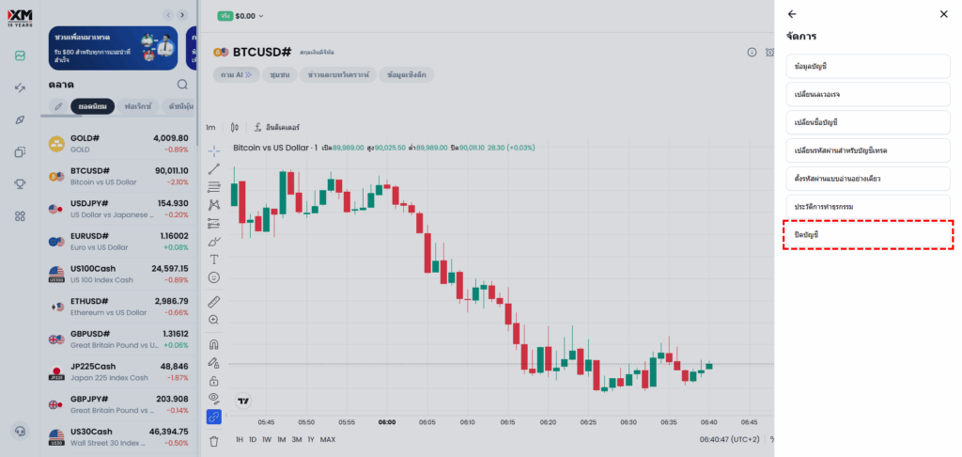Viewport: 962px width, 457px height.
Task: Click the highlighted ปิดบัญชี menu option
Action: tap(868, 234)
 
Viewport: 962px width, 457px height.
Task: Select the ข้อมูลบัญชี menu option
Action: tap(868, 67)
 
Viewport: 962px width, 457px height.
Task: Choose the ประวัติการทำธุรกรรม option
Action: tap(868, 206)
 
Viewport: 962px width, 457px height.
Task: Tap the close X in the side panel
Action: tap(943, 14)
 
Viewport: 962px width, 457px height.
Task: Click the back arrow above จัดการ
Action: tap(792, 14)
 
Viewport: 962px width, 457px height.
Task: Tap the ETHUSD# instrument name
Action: tap(90, 302)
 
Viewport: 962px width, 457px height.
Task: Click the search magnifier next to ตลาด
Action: tap(182, 85)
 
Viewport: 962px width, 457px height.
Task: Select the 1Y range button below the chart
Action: tap(311, 439)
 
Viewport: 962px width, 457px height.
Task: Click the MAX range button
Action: tap(328, 439)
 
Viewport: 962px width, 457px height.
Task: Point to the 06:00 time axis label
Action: tap(387, 422)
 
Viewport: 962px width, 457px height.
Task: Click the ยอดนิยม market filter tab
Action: tap(92, 106)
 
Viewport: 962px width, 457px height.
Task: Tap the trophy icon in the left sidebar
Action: tap(20, 183)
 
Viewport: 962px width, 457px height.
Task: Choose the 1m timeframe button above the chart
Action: tap(210, 127)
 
